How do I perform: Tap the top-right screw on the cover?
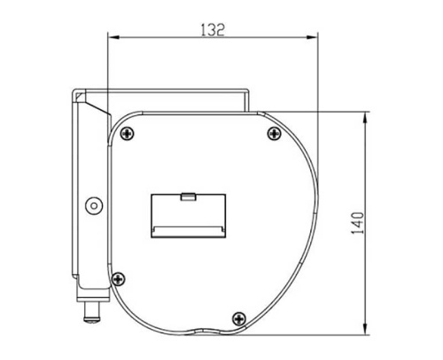[x=271, y=134]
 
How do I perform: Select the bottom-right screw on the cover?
[x=237, y=317]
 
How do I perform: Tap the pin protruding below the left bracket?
[x=89, y=311]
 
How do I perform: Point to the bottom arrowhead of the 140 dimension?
[x=368, y=333]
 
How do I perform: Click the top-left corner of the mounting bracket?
[x=74, y=90]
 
